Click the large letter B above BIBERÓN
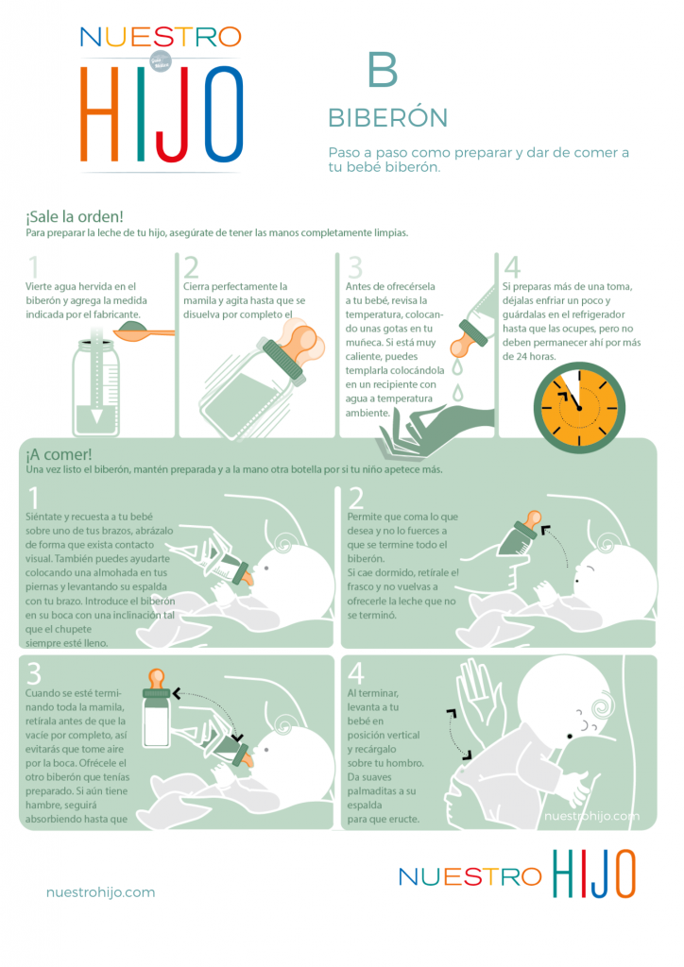point(383,69)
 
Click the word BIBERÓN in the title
point(388,118)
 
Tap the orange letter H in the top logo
point(99,113)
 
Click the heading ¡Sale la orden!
point(75,216)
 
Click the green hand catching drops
point(435,431)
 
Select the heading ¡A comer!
point(59,454)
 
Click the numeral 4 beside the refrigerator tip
point(512,267)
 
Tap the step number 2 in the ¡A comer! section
point(356,498)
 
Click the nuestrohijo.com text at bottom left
point(100,891)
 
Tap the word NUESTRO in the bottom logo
point(470,876)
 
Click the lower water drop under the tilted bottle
point(457,393)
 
